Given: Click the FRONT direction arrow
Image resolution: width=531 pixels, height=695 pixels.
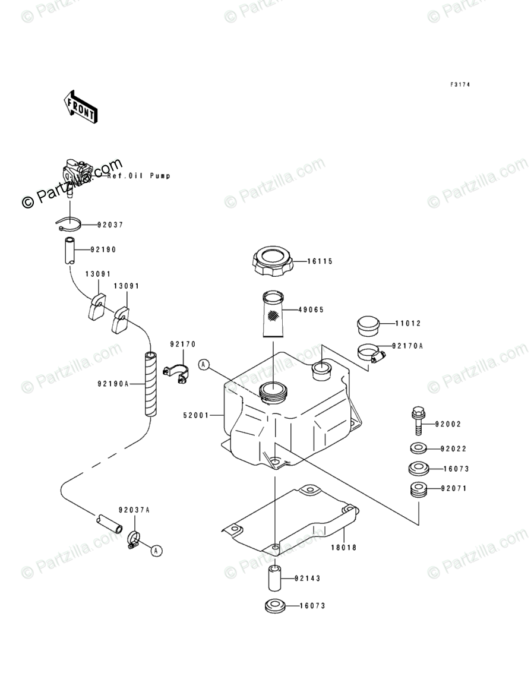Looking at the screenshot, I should point(81,106).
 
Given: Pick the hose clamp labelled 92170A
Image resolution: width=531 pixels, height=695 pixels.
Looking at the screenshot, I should point(371,353).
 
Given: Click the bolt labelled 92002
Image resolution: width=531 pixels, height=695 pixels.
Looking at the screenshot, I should point(417,421).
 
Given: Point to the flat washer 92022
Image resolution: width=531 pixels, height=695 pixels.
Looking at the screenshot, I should point(417,447).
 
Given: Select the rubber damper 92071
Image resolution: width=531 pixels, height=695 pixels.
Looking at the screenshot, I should point(417,491).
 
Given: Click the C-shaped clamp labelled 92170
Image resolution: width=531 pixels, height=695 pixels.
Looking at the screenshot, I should point(176,375).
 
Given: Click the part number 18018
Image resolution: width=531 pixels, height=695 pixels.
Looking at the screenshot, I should point(344,547).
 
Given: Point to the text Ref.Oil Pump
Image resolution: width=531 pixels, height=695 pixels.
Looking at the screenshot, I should point(138,176).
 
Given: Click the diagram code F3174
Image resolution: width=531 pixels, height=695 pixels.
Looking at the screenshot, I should point(460,85).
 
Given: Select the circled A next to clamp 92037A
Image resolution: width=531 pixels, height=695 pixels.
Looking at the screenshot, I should point(156,551).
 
